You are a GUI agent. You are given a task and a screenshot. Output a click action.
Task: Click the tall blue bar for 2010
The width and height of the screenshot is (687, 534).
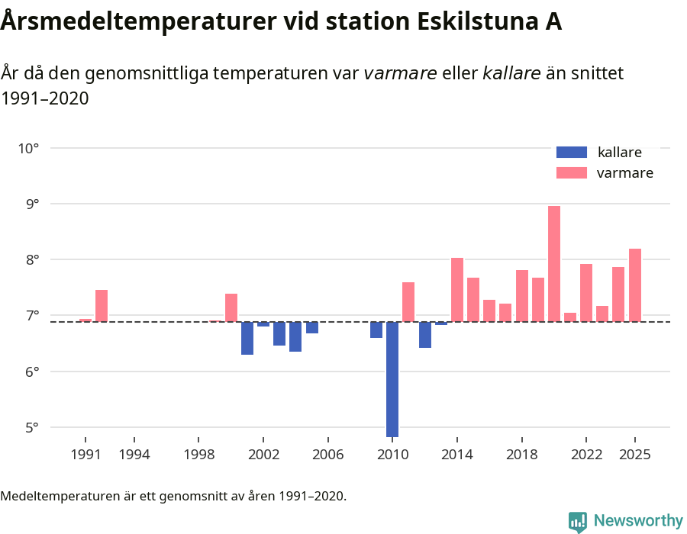(392, 379)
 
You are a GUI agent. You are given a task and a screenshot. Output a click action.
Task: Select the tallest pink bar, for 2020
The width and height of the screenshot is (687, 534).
(554, 263)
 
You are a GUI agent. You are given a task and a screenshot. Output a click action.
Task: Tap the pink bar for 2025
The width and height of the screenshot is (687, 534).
(635, 285)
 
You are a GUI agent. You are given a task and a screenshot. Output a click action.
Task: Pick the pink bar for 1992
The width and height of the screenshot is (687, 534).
(102, 305)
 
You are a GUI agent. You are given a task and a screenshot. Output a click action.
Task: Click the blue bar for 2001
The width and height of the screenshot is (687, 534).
(247, 338)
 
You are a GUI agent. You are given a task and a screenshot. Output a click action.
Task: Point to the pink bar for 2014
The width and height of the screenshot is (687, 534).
(457, 289)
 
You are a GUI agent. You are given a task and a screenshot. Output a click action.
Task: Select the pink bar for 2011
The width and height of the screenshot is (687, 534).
(408, 301)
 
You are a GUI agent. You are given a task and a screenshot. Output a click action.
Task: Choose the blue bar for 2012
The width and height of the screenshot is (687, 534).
(425, 334)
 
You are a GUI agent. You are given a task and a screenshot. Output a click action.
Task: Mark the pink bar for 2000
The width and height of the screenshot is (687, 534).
(231, 307)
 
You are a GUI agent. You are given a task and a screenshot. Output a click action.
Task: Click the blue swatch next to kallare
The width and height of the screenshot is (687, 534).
(572, 152)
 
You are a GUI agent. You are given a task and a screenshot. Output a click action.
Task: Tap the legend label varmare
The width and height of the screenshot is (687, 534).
(624, 173)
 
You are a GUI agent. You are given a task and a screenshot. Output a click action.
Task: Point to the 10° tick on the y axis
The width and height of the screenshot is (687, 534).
(29, 148)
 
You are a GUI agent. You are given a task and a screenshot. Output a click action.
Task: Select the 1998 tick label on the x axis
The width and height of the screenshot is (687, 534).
(198, 455)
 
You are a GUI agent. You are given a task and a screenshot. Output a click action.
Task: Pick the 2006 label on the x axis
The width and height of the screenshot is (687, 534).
(327, 455)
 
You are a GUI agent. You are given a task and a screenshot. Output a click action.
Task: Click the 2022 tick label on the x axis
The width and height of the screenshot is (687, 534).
(586, 455)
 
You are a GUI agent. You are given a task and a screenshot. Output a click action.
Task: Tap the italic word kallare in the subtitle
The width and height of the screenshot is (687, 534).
(511, 73)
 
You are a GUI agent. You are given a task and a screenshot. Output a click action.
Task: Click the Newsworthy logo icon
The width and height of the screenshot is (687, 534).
(578, 521)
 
